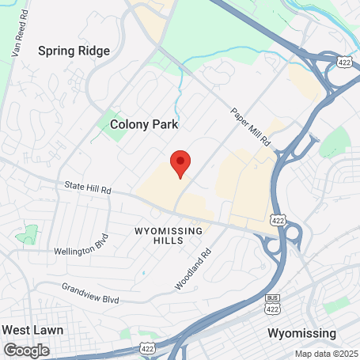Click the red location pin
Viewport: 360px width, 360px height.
point(180,162)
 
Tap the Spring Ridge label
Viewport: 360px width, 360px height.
point(74,51)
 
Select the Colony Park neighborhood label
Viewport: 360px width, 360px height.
point(144,124)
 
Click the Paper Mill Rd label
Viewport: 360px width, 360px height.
point(251,126)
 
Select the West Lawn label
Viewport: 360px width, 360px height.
point(32,329)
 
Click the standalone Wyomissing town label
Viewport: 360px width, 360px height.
point(301,332)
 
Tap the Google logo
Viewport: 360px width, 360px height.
point(25,350)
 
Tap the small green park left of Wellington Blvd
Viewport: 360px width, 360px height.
point(28,234)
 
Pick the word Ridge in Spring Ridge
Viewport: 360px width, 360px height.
point(93,51)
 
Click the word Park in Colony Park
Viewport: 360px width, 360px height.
point(166,124)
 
